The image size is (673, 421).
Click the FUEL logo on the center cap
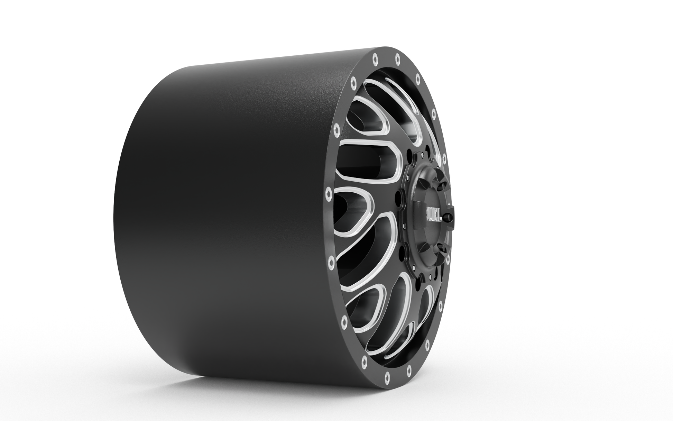point(433,214)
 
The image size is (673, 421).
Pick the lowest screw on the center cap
point(442,247)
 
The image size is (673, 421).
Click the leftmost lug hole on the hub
point(398,199)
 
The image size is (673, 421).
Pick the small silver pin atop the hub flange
point(422,154)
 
